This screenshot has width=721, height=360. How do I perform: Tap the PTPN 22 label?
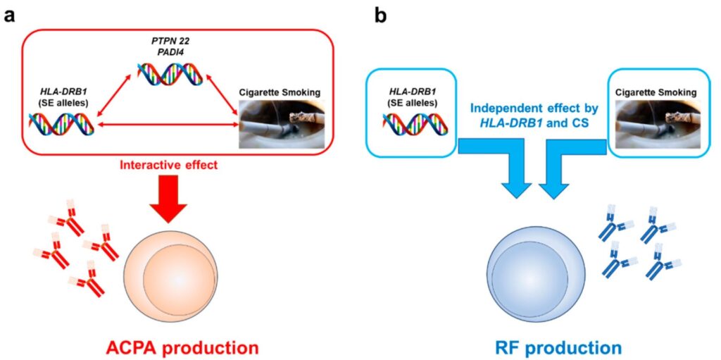click(168, 42)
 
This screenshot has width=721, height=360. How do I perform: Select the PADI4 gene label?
click(168, 52)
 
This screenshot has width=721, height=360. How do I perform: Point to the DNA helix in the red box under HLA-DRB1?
click(62, 124)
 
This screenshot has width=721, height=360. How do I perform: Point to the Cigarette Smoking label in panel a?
click(281, 92)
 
